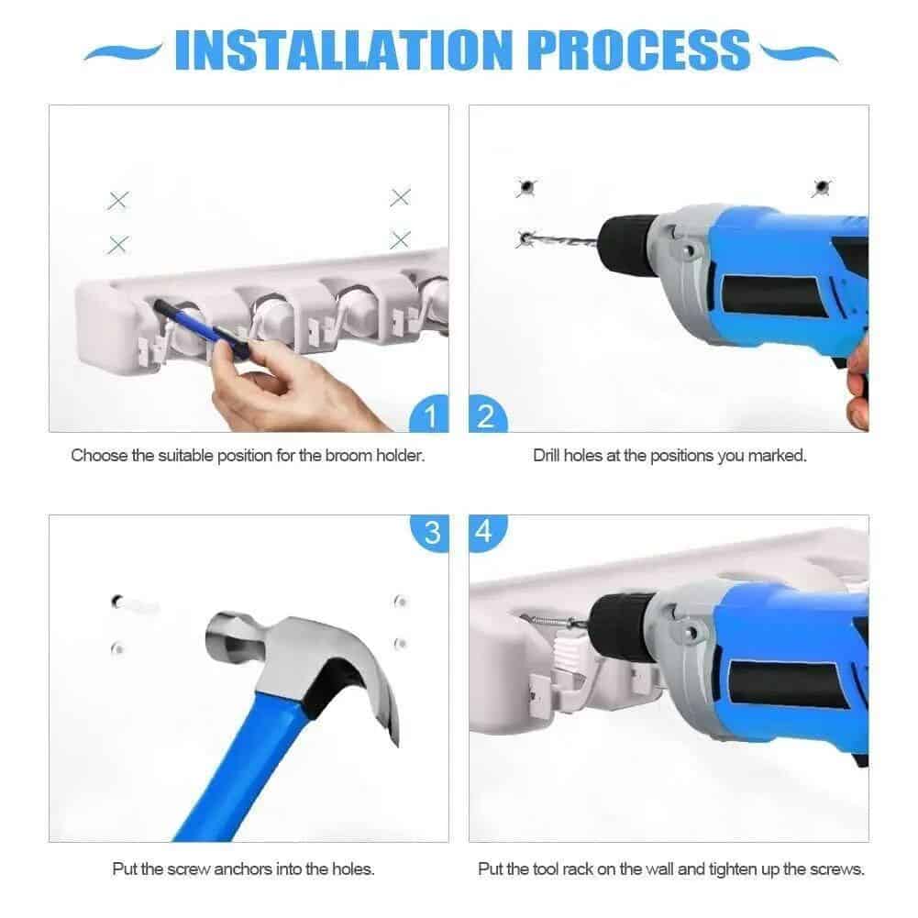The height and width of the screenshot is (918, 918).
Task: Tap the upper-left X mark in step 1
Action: (118, 200)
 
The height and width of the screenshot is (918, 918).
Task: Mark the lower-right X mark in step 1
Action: (400, 240)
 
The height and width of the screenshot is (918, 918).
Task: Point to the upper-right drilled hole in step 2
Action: (820, 188)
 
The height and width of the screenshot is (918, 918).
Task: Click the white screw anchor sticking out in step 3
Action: (138, 605)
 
